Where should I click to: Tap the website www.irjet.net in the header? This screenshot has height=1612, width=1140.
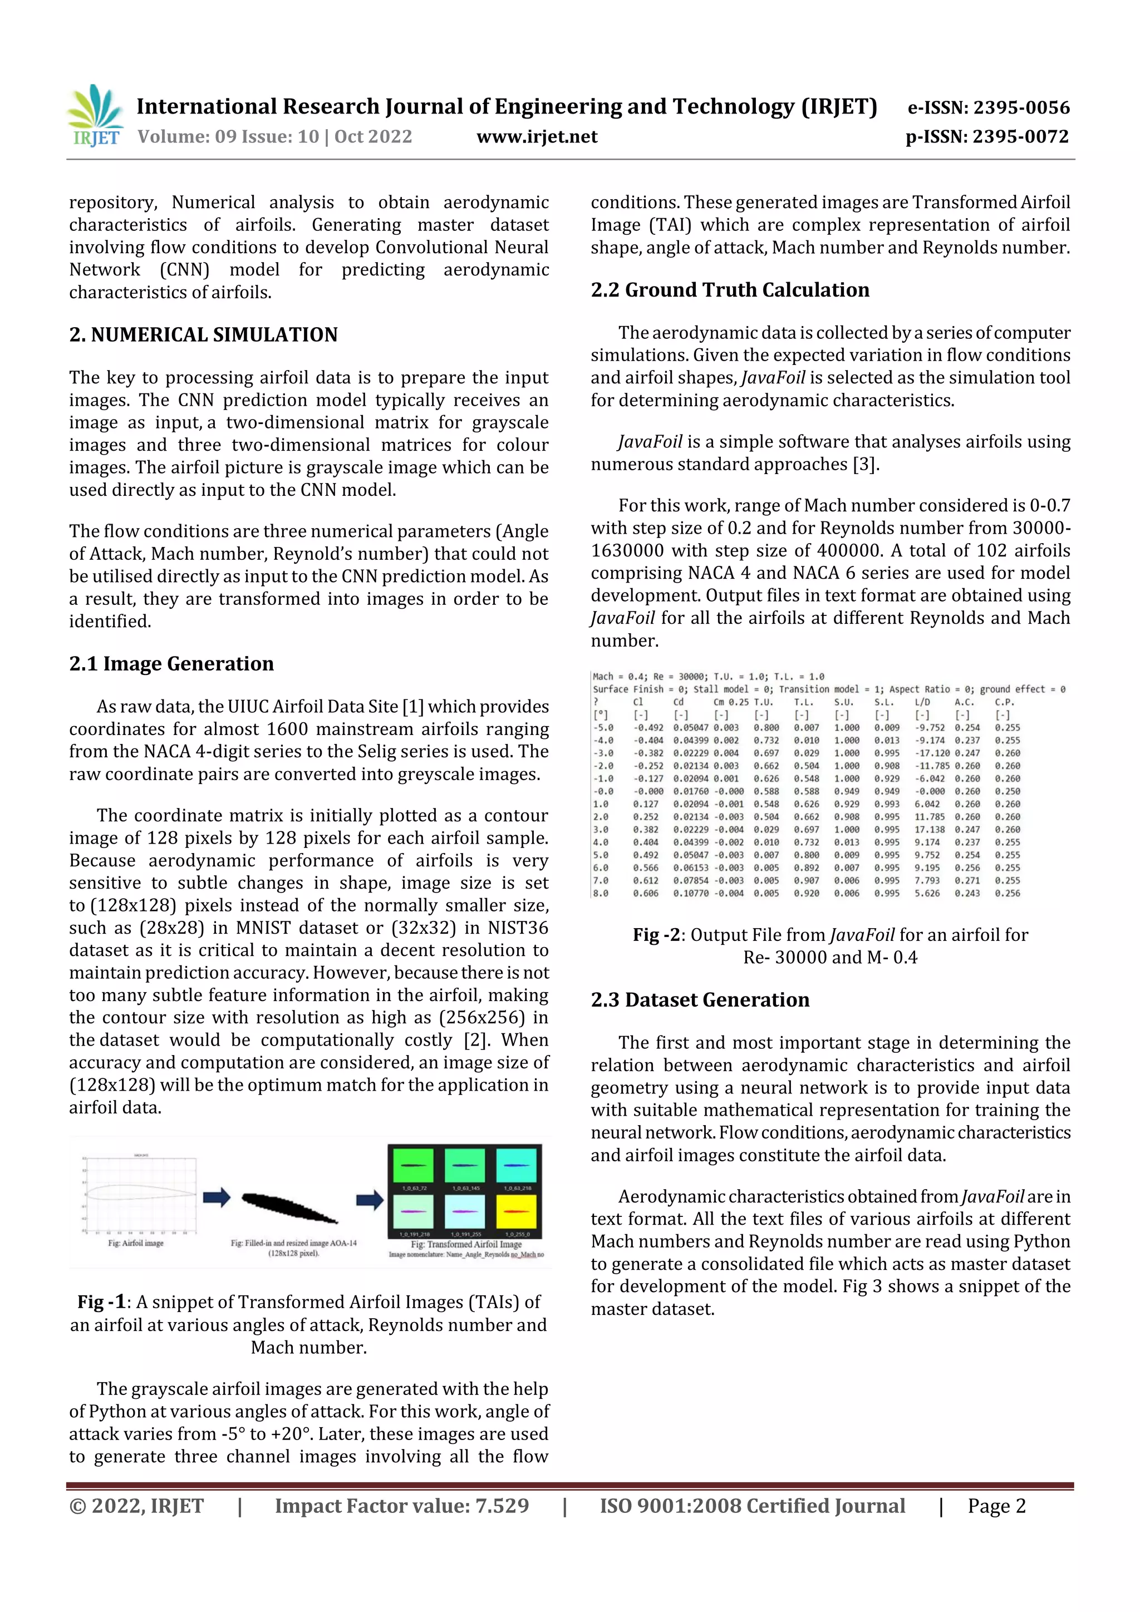click(x=537, y=137)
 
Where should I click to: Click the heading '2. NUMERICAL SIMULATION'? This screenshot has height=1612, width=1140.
click(x=203, y=335)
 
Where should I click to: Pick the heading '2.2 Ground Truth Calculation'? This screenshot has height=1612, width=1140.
click(x=730, y=290)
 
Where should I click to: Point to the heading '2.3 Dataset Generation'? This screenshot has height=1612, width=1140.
click(x=700, y=1000)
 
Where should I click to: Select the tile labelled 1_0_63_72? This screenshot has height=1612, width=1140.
click(x=413, y=1166)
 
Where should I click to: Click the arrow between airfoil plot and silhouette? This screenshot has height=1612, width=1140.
click(x=217, y=1198)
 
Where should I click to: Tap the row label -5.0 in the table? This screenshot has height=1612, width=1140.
click(x=603, y=728)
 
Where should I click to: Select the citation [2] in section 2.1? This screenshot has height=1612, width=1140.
click(x=477, y=1041)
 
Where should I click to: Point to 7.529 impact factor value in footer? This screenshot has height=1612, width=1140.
click(x=502, y=1506)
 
